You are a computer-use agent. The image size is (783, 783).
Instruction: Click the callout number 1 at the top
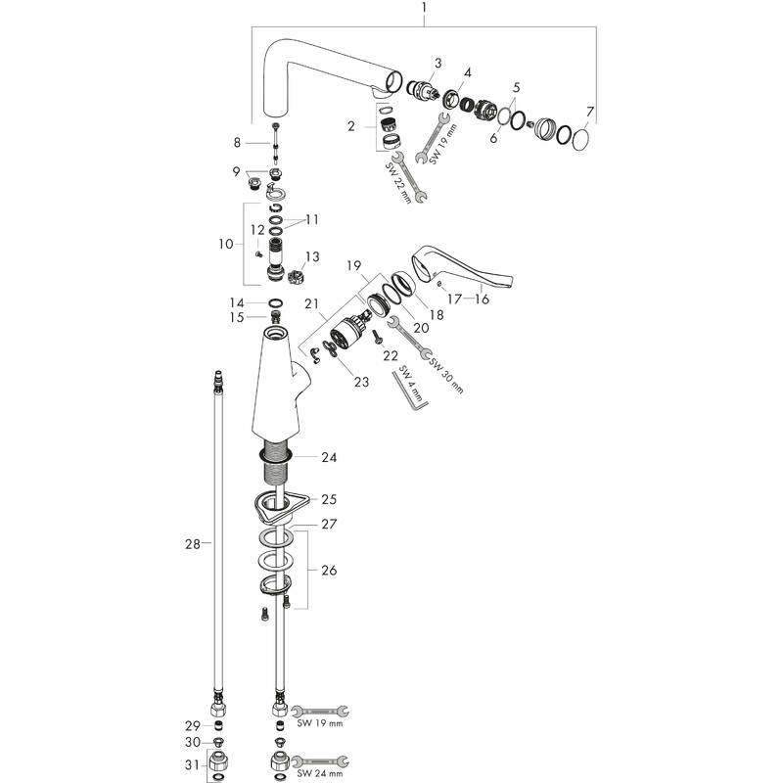[x=424, y=11]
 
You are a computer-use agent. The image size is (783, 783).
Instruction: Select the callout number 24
[x=329, y=457]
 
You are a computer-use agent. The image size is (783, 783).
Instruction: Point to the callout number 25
[x=329, y=499]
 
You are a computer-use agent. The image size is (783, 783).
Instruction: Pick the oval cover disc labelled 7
[x=578, y=140]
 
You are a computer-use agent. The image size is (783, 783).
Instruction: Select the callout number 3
[x=438, y=64]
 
